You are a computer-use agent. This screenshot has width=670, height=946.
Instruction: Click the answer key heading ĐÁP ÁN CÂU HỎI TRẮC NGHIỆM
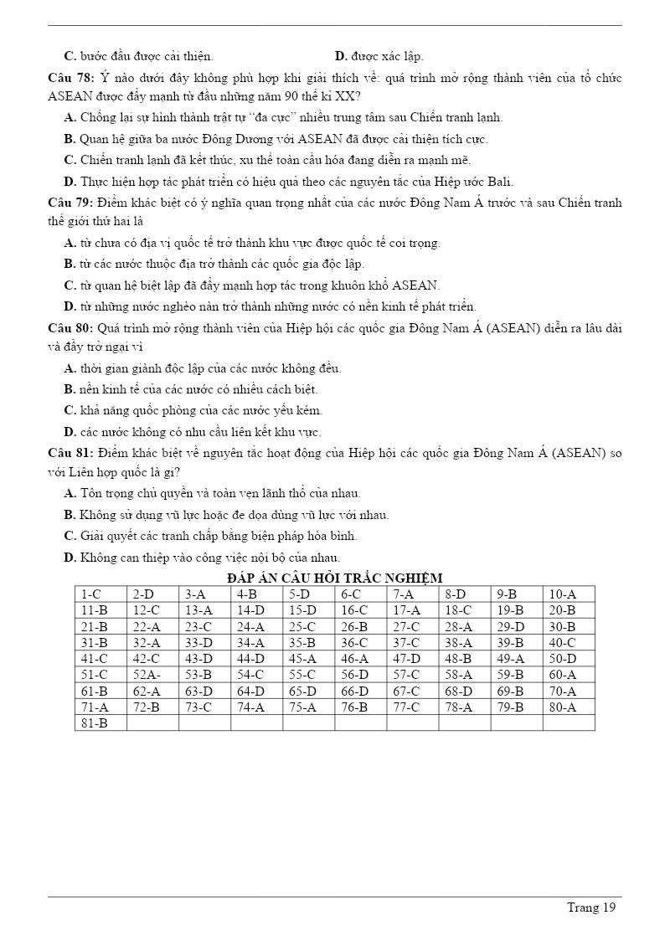tap(334, 578)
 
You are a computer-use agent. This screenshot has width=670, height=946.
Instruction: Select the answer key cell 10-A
tap(563, 594)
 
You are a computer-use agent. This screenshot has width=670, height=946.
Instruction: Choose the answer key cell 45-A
tap(302, 659)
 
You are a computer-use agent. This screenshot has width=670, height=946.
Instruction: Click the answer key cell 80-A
tap(563, 707)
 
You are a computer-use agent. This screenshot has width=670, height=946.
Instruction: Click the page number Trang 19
tap(591, 907)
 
